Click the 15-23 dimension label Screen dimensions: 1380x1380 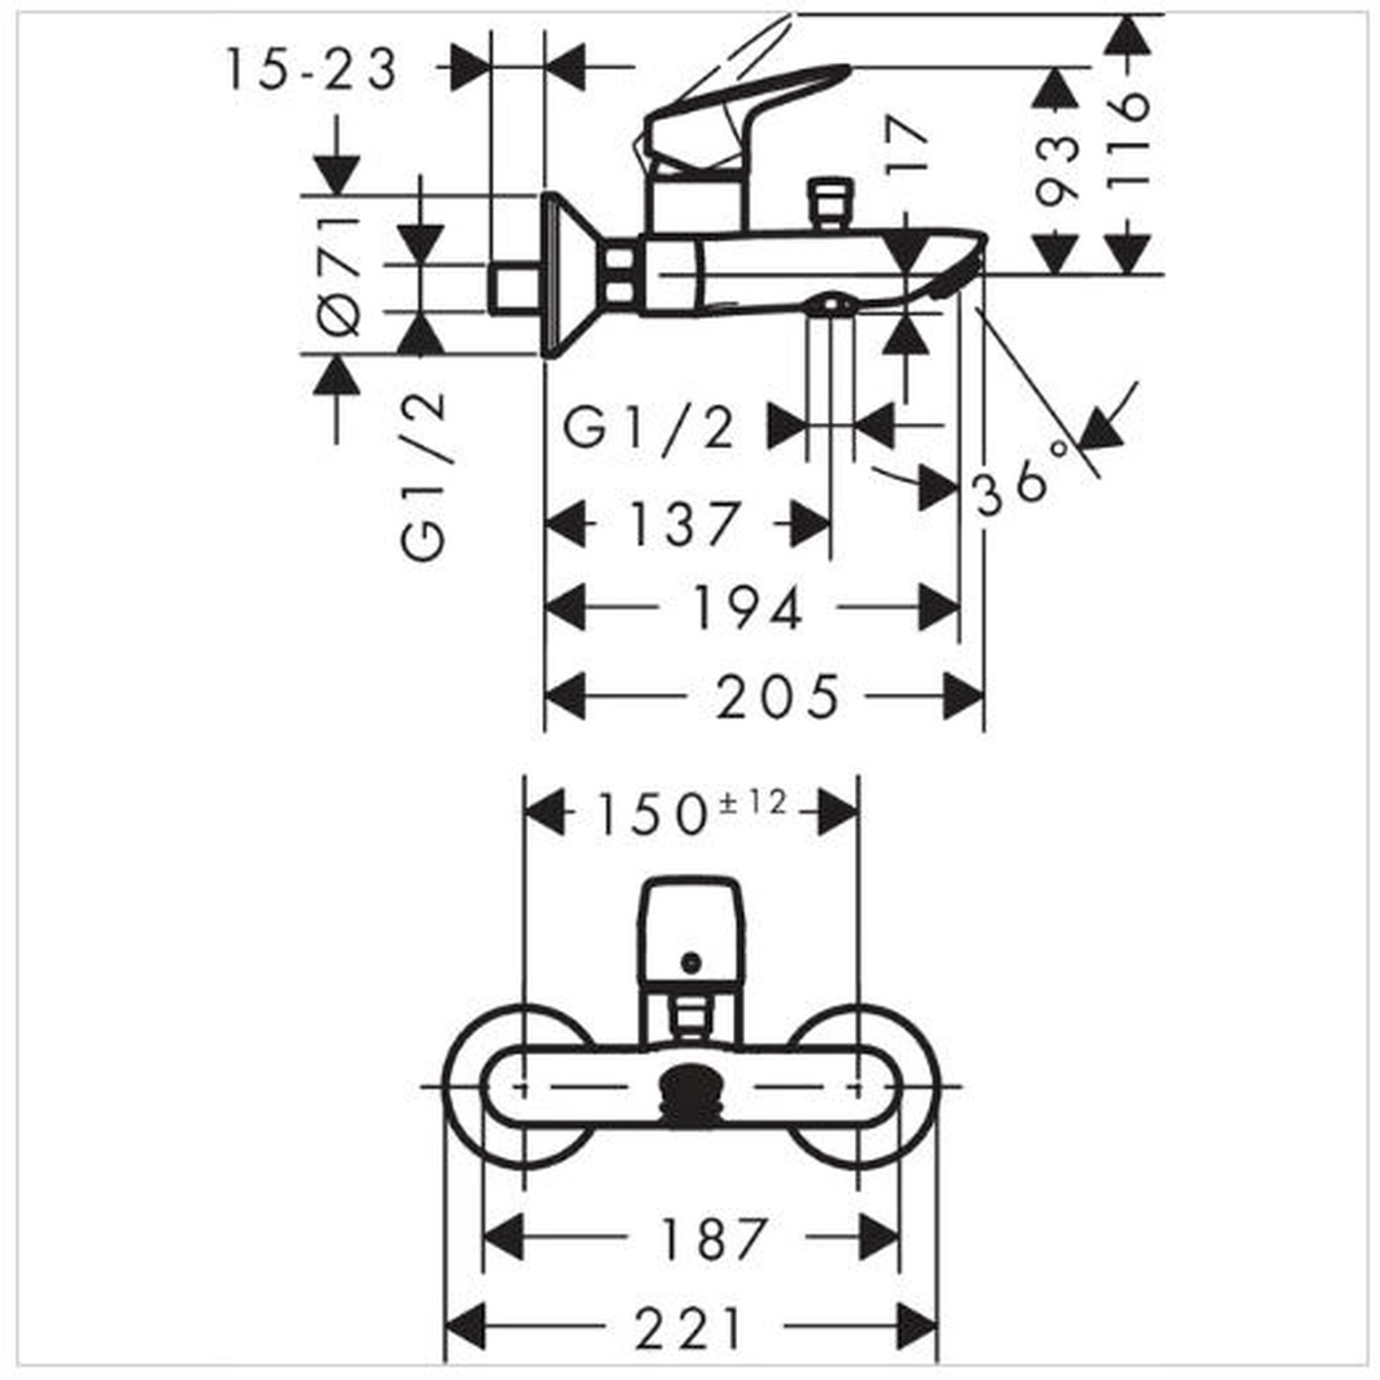point(312,69)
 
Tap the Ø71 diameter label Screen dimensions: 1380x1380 point(338,276)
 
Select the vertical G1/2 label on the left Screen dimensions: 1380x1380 point(423,475)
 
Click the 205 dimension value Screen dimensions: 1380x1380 point(778,696)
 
